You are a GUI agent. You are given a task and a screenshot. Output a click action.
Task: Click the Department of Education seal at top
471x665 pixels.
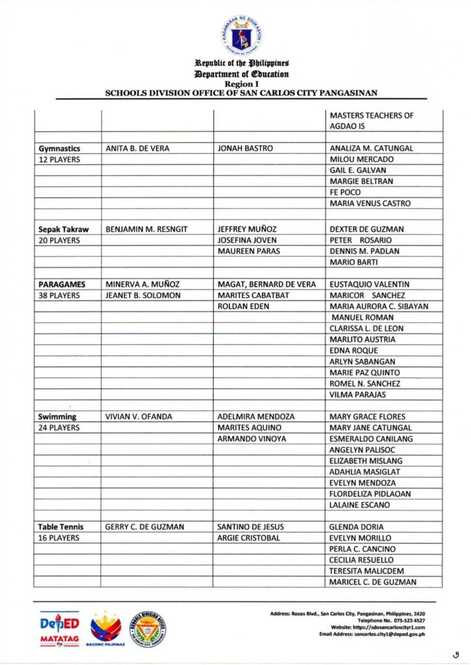[241, 34]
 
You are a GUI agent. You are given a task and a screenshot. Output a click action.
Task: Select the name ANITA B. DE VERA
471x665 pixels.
[137, 149]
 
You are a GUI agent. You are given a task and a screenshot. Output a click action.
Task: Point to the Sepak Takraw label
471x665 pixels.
[63, 229]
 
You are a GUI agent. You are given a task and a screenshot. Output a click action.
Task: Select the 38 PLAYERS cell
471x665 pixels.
[59, 295]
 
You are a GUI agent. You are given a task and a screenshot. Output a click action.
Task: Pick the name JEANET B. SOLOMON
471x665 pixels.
[142, 295]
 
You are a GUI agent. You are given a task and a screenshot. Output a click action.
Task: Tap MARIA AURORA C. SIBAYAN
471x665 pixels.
[379, 307]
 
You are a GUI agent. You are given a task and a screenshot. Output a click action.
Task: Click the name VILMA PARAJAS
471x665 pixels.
[357, 395]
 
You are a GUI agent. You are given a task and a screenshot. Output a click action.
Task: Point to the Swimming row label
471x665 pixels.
[57, 417]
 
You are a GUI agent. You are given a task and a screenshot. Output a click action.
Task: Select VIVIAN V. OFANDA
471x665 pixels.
[138, 417]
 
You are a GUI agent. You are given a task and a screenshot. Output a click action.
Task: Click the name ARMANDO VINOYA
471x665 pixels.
[251, 439]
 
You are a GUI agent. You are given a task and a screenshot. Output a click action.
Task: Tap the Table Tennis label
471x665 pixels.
[60, 527]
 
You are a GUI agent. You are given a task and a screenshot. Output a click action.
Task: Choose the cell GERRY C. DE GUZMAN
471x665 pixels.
[144, 527]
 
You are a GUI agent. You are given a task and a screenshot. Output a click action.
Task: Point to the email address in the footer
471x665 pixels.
[372, 634]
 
